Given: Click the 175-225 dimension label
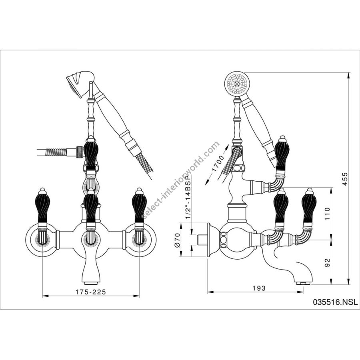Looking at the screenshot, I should pyautogui.click(x=91, y=292).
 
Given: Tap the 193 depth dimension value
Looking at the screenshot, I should pyautogui.click(x=259, y=287).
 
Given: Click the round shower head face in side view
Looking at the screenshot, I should pyautogui.click(x=236, y=84).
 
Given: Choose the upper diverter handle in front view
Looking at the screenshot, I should pyautogui.click(x=91, y=154).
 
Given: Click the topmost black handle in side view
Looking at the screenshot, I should pyautogui.click(x=282, y=154).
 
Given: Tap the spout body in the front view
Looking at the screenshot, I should pyautogui.click(x=91, y=264).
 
